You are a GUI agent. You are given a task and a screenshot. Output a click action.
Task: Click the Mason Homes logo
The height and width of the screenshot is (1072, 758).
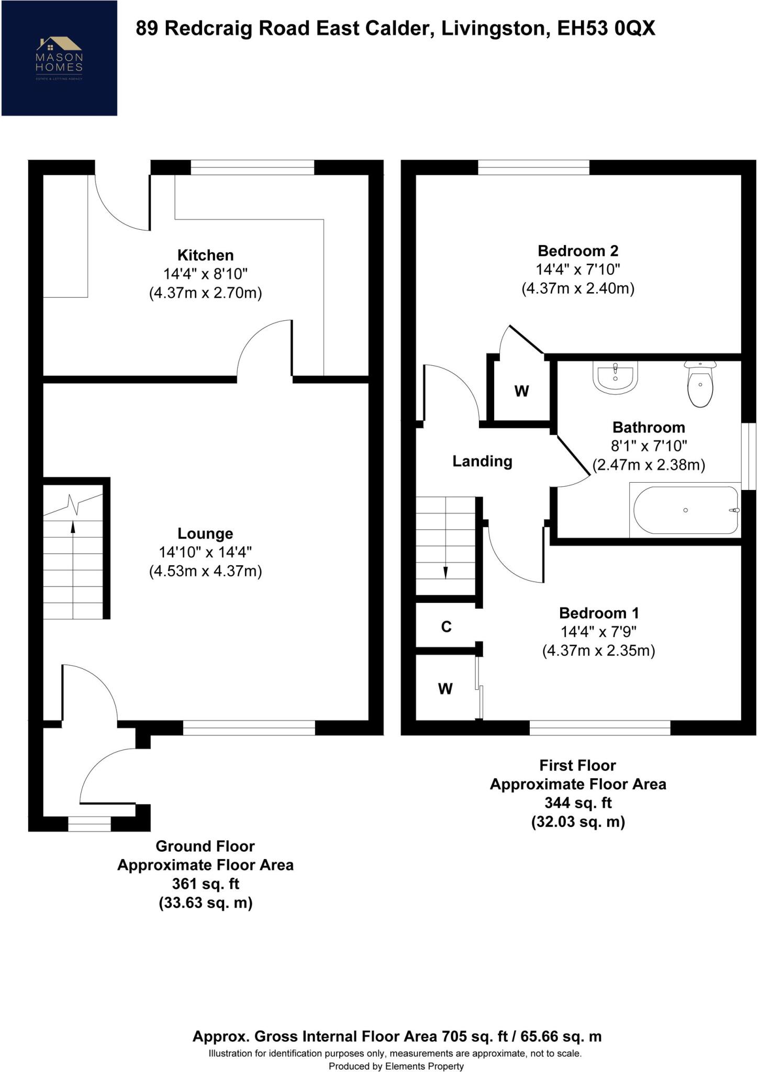[x=59, y=58]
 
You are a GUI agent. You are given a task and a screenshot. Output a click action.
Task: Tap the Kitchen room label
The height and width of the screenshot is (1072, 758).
[x=205, y=255]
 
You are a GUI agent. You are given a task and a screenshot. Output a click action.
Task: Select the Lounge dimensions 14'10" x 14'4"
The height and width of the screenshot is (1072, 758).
[x=205, y=552]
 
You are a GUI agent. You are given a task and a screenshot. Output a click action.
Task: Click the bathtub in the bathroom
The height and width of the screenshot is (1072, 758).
[x=686, y=510]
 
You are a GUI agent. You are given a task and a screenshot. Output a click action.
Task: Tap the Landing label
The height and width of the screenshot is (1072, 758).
[x=482, y=461]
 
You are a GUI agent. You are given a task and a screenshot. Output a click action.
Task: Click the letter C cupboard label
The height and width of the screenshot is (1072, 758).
[x=446, y=627]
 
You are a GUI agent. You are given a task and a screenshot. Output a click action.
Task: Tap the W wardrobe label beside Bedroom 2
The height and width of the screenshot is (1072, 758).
[x=521, y=391]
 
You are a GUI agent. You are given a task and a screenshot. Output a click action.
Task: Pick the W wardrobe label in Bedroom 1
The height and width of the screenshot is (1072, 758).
[x=445, y=689]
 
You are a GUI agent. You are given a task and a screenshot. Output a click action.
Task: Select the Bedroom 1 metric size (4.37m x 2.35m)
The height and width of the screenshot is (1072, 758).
[x=598, y=651]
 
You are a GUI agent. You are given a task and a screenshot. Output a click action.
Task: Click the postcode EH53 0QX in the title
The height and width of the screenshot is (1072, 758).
[x=606, y=28]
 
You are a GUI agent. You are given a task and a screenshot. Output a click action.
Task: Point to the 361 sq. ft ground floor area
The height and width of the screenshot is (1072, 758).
[x=205, y=884]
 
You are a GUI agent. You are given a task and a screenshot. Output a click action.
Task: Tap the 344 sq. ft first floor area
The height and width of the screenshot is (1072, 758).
[x=578, y=803]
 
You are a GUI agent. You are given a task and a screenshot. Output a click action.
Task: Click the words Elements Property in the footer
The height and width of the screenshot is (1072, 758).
[x=425, y=1066]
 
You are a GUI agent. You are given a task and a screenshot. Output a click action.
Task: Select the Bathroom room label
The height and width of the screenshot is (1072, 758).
[x=649, y=427]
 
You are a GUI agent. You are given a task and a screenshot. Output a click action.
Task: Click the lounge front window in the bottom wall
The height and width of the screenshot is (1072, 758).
[x=249, y=728]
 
